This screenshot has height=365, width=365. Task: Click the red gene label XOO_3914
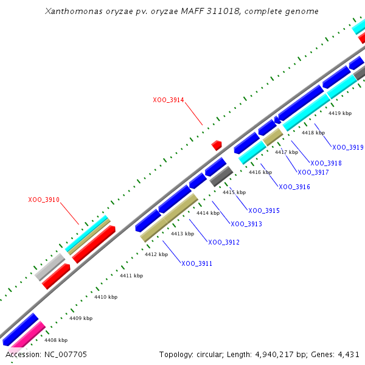click(169, 100)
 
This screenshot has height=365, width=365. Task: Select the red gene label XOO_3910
click(44, 200)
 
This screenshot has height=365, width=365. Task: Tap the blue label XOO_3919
click(348, 147)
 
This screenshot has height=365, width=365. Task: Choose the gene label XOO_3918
click(326, 163)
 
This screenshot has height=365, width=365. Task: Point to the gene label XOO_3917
click(313, 172)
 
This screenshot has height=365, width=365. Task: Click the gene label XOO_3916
click(294, 187)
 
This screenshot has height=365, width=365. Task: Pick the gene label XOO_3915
click(264, 210)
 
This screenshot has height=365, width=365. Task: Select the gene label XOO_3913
click(246, 224)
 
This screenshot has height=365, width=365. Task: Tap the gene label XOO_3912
click(224, 242)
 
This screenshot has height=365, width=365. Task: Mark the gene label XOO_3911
click(197, 263)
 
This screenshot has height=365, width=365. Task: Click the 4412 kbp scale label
click(156, 254)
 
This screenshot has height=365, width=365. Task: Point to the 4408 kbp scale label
click(56, 340)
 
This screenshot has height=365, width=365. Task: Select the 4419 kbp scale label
click(340, 113)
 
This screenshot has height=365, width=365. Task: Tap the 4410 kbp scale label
click(106, 297)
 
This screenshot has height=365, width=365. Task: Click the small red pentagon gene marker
click(216, 145)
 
